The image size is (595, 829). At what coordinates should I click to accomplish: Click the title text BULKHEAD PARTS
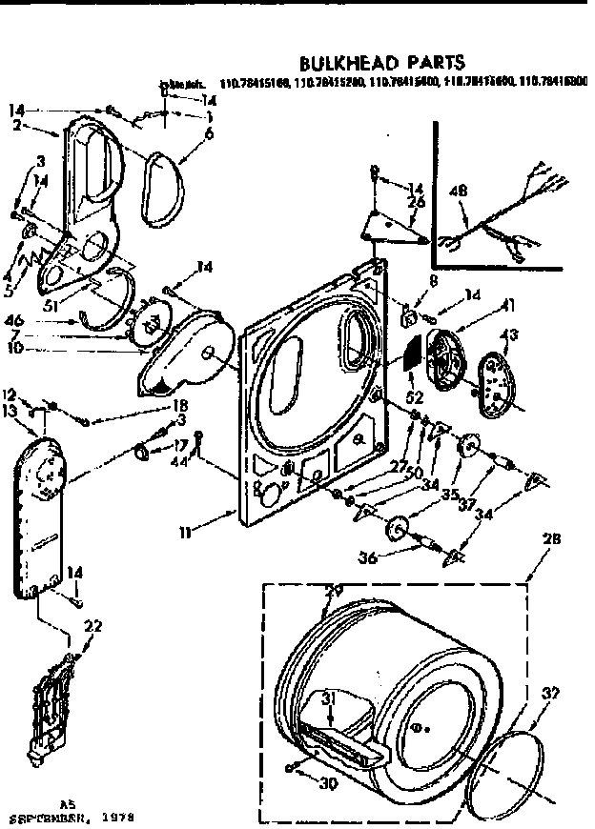click(x=381, y=63)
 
